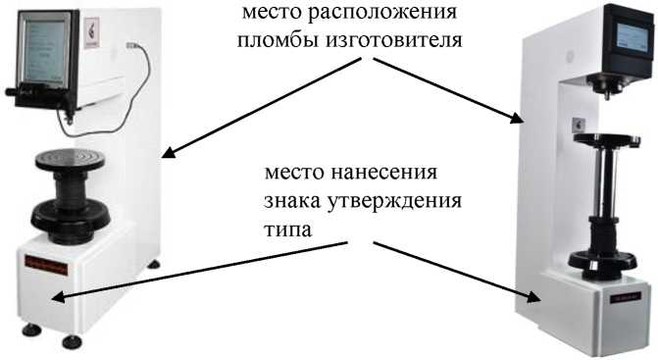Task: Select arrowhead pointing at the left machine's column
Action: point(168,154)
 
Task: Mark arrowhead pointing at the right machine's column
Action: point(517,119)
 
